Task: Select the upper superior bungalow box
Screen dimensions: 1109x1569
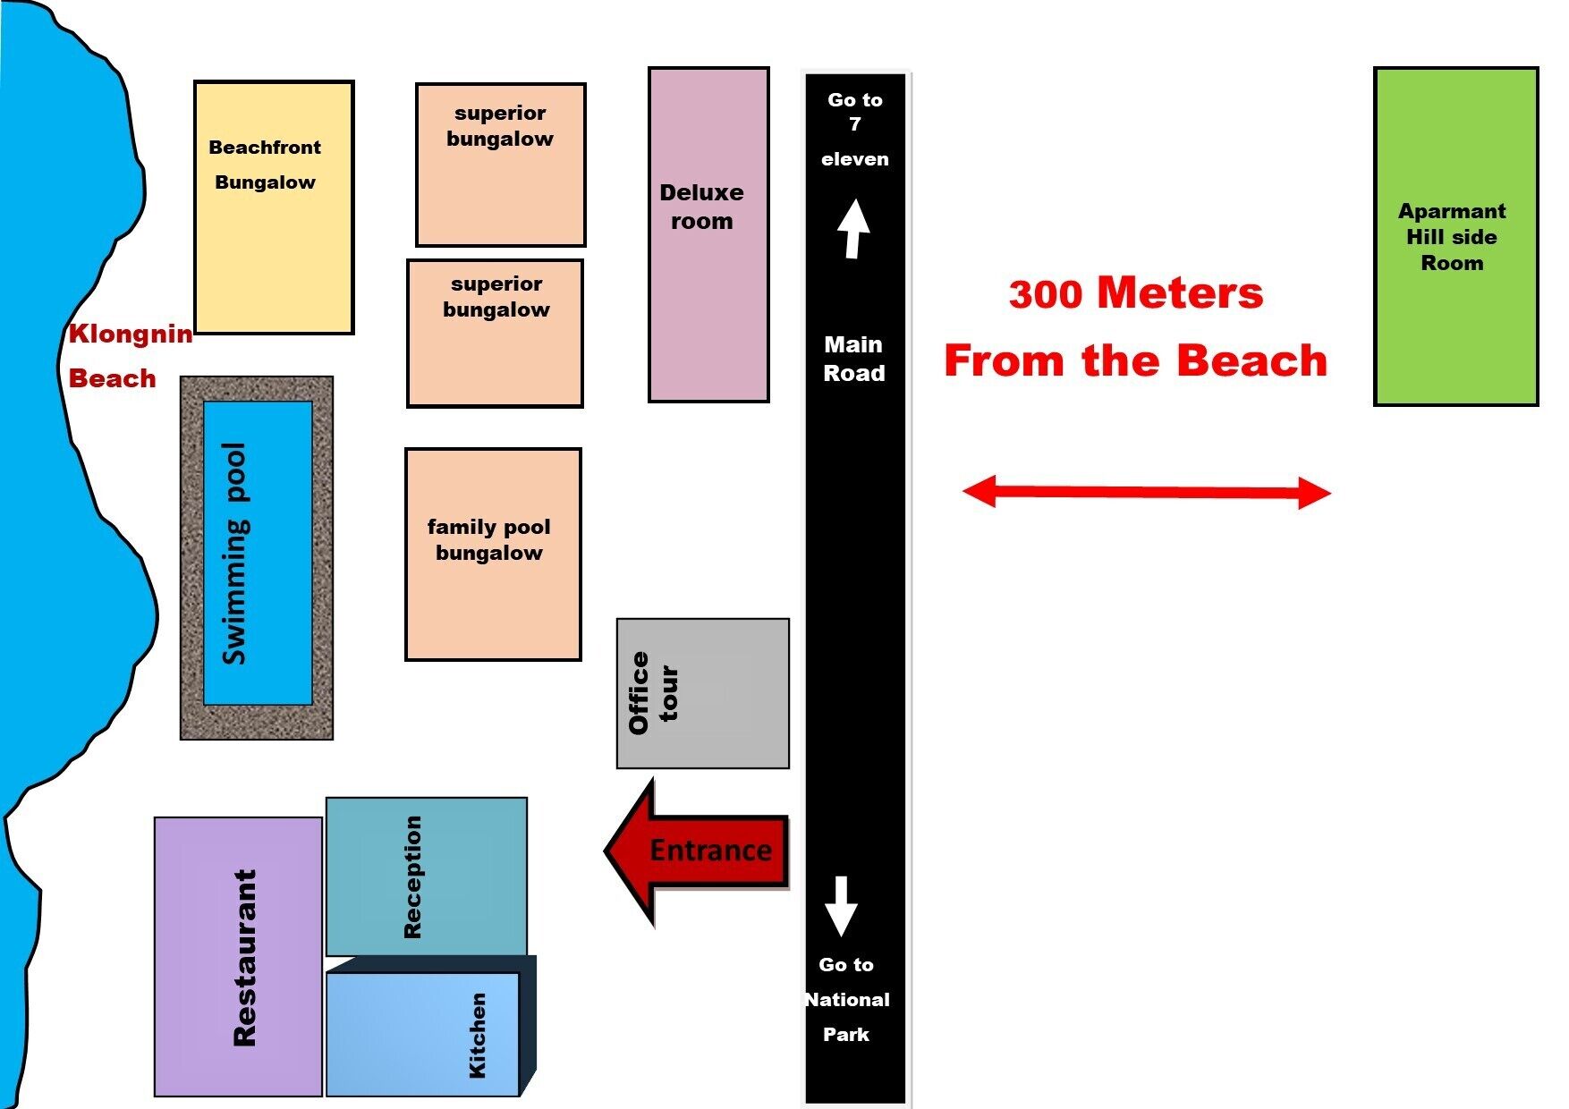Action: coord(500,165)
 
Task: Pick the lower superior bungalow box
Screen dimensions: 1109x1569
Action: coord(496,334)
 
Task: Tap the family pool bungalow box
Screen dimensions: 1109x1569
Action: coord(493,554)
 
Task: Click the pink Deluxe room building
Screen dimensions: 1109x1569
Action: coord(708,234)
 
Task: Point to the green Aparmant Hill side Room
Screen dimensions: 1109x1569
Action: coord(1455,236)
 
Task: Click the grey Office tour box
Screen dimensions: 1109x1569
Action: coord(703,693)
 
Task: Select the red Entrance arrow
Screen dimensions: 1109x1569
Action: coord(698,851)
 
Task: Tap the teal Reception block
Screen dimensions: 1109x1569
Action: coord(426,876)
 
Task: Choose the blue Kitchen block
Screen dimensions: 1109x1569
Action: coord(422,1034)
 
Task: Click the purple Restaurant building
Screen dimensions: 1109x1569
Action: coord(238,956)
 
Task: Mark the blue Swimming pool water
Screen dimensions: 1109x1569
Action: coord(258,553)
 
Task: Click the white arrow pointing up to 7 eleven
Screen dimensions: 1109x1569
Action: coord(853,229)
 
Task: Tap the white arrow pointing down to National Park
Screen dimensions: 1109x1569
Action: coord(841,906)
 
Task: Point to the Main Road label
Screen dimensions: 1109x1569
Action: coord(853,359)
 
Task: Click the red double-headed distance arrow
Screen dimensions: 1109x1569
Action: coord(1146,492)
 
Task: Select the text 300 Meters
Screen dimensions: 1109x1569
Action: coord(1135,293)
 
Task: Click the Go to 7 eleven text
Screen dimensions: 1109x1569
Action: coord(854,129)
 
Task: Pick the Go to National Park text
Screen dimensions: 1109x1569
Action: coord(846,999)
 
